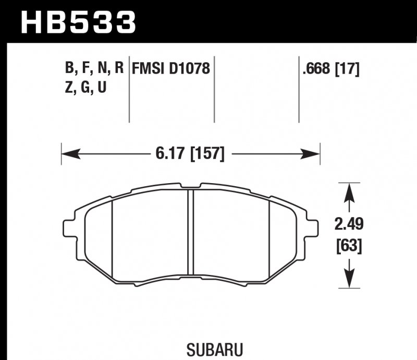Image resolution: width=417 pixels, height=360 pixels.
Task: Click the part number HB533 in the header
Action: (78, 21)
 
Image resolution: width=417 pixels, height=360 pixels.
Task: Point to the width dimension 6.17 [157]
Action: (190, 154)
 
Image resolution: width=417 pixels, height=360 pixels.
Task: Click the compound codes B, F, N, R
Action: (94, 69)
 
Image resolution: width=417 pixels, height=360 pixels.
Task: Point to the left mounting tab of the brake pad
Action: (69, 229)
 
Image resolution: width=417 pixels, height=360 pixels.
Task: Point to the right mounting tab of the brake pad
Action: (312, 229)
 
